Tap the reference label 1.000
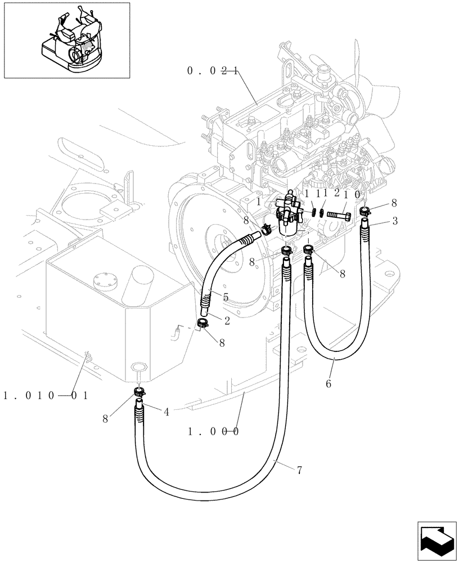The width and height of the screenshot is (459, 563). [x=213, y=432]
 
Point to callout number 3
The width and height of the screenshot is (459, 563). [x=395, y=221]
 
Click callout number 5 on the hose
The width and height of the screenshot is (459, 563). [x=226, y=297]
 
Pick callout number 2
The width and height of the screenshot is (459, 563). [x=227, y=320]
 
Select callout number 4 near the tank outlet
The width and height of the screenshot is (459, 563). [x=166, y=412]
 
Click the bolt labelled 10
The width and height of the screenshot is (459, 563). [x=338, y=215]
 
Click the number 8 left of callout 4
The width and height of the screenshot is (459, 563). [x=106, y=418]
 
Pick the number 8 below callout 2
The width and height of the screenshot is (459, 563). [x=222, y=342]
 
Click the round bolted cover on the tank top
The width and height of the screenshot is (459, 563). [x=103, y=281]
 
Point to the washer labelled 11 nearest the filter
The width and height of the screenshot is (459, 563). [x=313, y=213]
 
